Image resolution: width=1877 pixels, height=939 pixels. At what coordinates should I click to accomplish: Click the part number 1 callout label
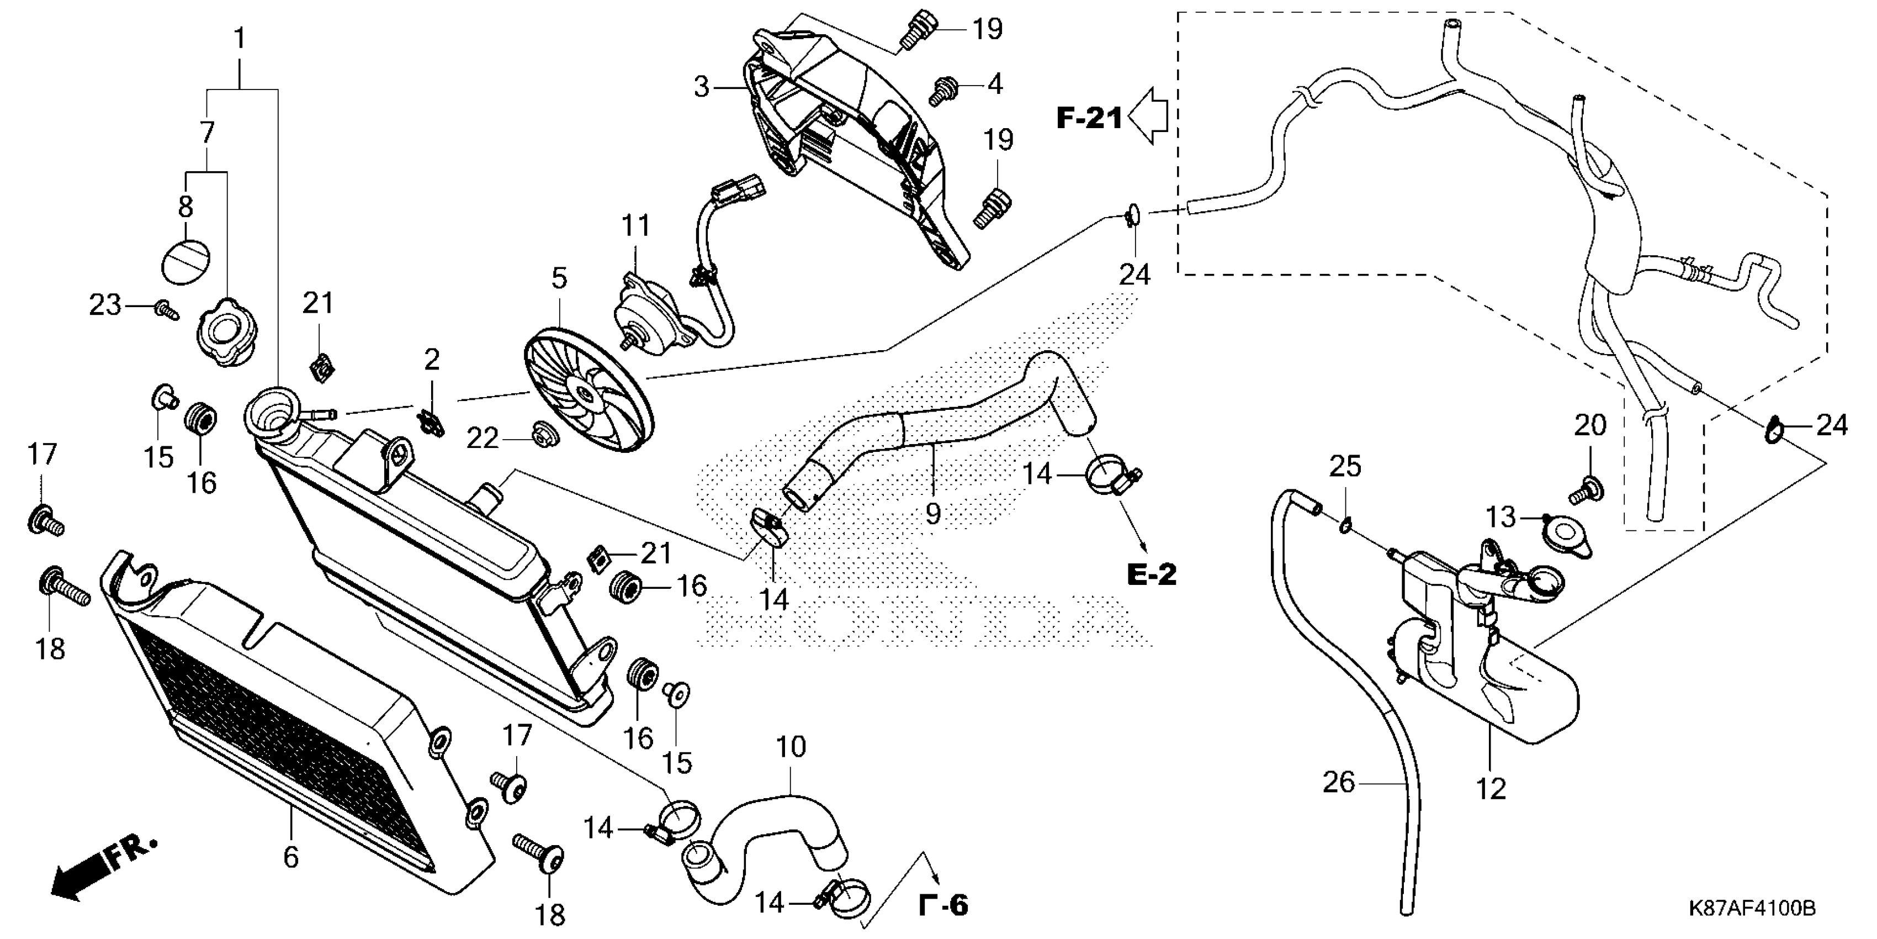[240, 38]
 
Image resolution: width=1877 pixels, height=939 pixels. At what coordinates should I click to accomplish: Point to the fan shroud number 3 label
[701, 87]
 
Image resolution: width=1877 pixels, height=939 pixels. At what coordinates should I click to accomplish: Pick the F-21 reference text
[1089, 118]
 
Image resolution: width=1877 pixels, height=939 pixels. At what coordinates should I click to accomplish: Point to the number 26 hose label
[1339, 783]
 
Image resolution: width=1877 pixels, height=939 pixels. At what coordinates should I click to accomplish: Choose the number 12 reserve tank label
[1491, 788]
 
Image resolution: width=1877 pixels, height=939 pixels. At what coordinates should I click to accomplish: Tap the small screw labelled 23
[166, 310]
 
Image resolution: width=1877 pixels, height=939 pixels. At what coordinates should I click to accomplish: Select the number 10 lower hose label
[791, 747]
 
